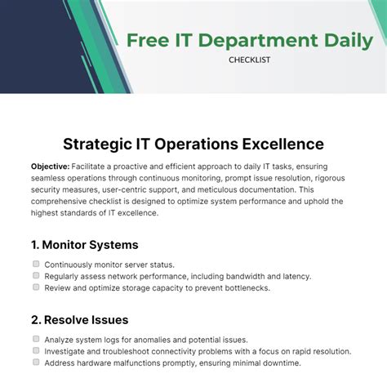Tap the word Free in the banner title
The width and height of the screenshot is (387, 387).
pyautogui.click(x=152, y=39)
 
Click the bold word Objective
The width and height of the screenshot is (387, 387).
pyautogui.click(x=49, y=165)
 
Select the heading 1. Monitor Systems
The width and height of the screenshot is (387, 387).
pyautogui.click(x=84, y=244)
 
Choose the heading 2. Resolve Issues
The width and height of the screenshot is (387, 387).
pyautogui.click(x=79, y=319)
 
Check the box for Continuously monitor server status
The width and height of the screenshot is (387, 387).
pyautogui.click(x=36, y=265)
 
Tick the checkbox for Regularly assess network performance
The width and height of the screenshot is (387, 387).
pyautogui.click(x=36, y=276)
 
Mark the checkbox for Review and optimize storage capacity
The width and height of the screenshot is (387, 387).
pyautogui.click(x=36, y=287)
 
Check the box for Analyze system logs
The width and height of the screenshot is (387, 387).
pyautogui.click(x=36, y=339)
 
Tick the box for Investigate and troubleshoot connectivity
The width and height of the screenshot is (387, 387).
pyautogui.click(x=36, y=350)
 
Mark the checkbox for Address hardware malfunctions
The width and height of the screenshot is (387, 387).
pyautogui.click(x=36, y=362)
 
